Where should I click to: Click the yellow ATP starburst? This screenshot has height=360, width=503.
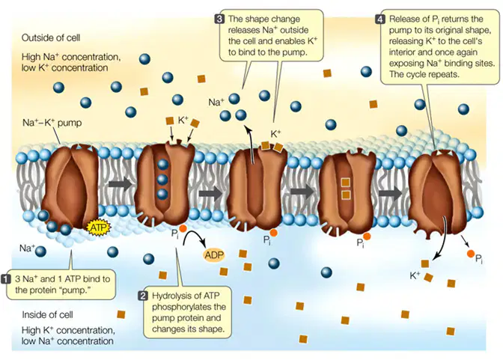point(99,228)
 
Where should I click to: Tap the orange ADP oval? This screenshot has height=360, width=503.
point(214,255)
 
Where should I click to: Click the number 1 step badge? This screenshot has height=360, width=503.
point(7,279)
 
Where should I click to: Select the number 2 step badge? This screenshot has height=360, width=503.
point(143,296)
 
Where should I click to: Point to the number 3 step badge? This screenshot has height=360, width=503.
point(219,19)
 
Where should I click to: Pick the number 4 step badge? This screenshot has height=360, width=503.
point(380,19)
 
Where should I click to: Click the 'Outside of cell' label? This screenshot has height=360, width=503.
point(51,38)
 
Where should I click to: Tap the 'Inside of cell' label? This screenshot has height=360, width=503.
point(47,315)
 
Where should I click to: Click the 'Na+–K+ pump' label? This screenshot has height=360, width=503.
point(52,123)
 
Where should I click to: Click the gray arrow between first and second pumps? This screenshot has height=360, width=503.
point(120,184)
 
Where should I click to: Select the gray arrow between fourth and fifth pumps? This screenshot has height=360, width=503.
point(390,194)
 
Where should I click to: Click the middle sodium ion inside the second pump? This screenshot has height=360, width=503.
point(162,179)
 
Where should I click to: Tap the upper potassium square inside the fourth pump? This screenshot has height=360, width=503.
point(345,183)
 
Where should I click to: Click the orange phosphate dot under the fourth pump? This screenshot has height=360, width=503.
point(367,237)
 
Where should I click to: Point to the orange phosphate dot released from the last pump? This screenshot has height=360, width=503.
point(471,254)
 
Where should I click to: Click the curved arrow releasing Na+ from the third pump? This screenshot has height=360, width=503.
point(251,144)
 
